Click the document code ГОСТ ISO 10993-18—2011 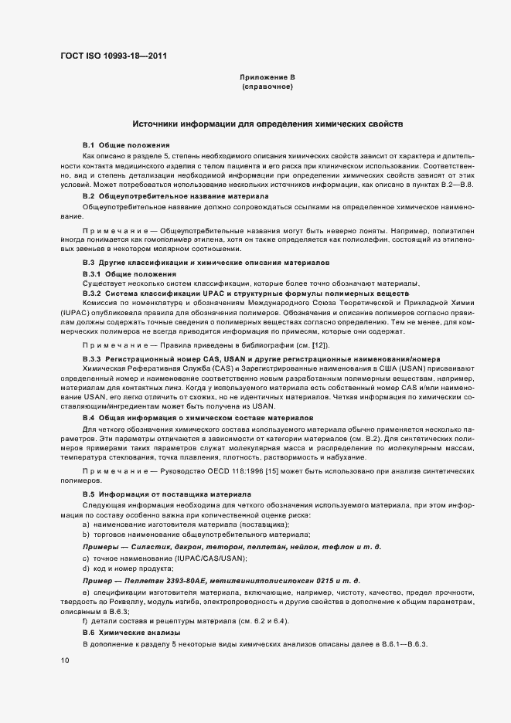112,56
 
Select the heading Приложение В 267,78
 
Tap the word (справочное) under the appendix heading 267,87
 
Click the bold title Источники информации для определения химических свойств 267,124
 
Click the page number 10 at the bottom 65,660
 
